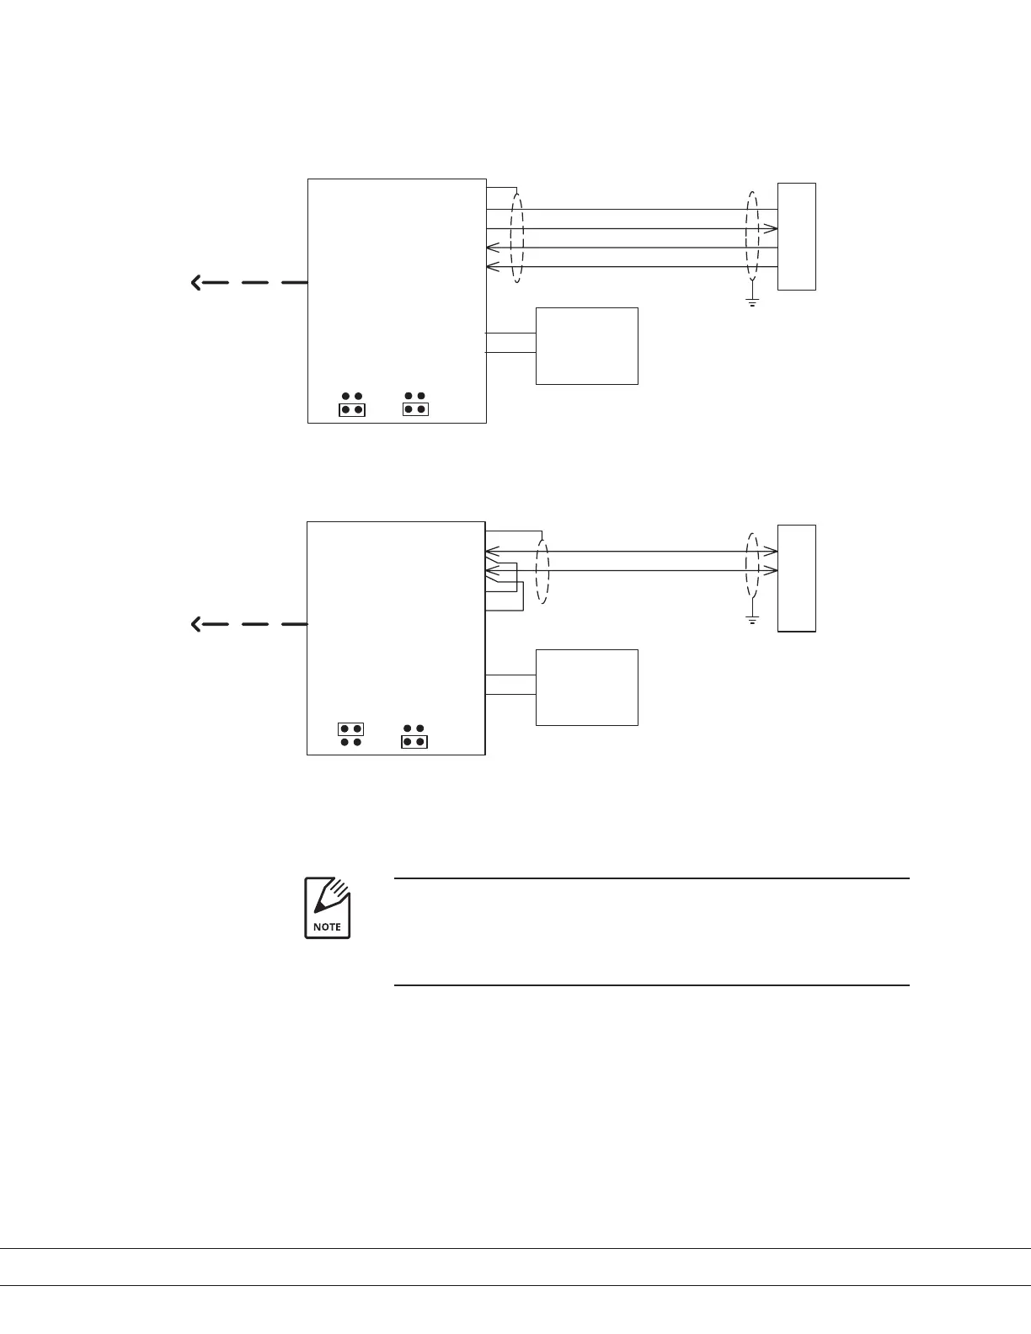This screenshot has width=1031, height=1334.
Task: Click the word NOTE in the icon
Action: click(327, 926)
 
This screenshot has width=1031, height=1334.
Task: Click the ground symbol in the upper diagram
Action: click(752, 301)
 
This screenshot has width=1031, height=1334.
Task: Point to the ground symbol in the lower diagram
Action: click(752, 620)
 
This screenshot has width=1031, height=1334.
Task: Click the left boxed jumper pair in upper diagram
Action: click(351, 410)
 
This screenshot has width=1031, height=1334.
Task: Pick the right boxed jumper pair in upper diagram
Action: click(414, 409)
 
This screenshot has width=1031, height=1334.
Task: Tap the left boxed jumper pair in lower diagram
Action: click(350, 728)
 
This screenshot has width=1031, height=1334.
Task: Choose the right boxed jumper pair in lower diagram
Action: click(414, 742)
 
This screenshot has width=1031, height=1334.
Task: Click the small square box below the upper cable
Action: click(587, 346)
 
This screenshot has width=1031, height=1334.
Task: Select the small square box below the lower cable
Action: click(587, 687)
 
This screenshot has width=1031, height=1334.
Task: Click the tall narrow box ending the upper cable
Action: click(796, 237)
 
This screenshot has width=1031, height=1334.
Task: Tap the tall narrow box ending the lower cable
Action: click(796, 578)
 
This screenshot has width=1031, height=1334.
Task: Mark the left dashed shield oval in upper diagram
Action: click(517, 238)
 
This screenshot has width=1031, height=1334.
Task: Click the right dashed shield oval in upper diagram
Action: click(752, 237)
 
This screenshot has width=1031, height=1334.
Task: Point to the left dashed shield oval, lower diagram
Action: click(542, 572)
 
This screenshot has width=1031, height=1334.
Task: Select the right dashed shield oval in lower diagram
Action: click(752, 566)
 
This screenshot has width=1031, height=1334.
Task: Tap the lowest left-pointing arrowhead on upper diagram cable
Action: click(493, 267)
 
